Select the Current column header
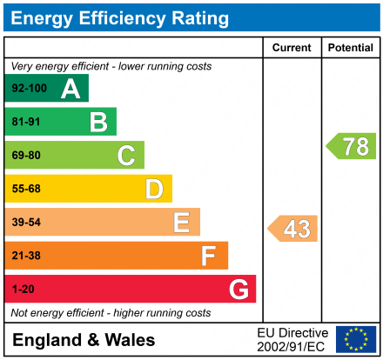292,48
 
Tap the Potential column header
350,48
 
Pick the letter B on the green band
98,122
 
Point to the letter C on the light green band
126,156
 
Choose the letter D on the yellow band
154,189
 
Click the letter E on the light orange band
181,223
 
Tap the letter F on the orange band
208,256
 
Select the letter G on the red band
238,289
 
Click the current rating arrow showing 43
293,229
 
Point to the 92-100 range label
29,89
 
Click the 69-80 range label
26,156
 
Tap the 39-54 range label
26,223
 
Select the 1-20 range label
24,289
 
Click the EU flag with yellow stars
355,339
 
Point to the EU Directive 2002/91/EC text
292,339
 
